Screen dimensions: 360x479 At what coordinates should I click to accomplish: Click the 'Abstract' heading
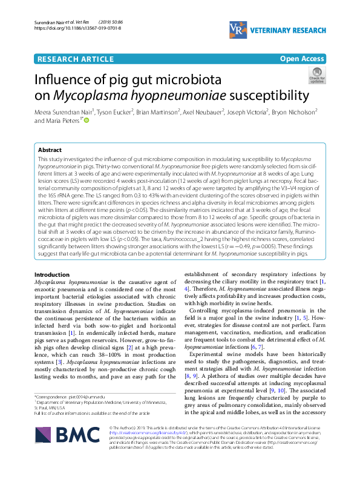(50, 150)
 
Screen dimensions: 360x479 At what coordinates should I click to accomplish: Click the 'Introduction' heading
(53, 275)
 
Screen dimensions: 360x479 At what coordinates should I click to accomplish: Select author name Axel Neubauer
(203, 112)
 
